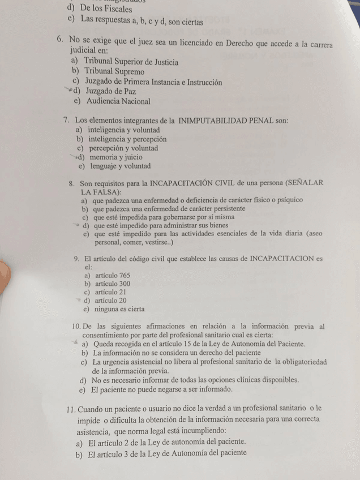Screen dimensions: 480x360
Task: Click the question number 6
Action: point(61,41)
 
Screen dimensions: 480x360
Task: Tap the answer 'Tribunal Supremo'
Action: point(114,72)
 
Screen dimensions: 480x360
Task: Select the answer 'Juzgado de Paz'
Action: point(110,91)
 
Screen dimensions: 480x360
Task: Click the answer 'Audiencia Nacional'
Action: point(118,102)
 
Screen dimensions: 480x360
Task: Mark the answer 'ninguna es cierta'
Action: point(119,310)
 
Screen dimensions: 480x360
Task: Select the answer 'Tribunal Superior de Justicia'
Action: point(131,62)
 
